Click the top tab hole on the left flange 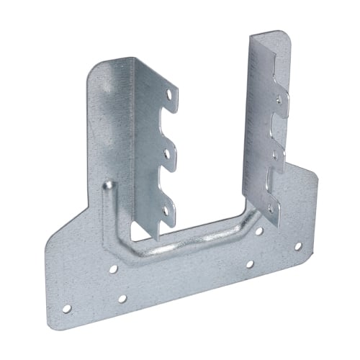pos(170,93)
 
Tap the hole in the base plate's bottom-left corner pos(66,308)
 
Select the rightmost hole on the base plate pos(297,246)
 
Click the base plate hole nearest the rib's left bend pos(113,269)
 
